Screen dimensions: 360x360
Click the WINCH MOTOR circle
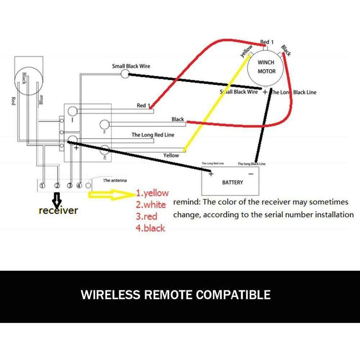(266, 67)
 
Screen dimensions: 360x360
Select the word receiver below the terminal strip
(58, 210)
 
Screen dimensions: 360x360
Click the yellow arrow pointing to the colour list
(110, 195)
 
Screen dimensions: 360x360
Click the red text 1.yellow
(152, 193)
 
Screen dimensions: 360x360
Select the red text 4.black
(150, 228)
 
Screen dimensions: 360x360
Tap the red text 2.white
(151, 205)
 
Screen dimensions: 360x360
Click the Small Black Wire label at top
(131, 66)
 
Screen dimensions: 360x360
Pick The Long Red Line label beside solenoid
(153, 135)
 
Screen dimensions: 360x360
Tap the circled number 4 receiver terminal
(79, 185)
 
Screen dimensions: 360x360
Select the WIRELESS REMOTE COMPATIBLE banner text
(176, 294)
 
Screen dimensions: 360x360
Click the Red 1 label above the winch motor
(267, 42)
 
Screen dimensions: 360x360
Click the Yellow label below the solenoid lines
(171, 155)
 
